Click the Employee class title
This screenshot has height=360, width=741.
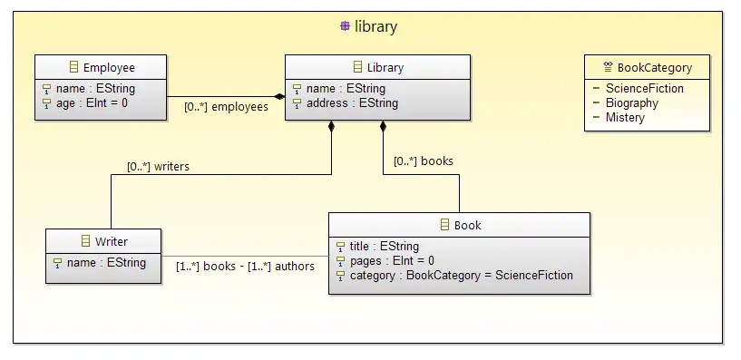click(109, 68)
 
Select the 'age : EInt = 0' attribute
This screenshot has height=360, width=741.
click(92, 103)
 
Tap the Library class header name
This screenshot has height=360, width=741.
click(385, 68)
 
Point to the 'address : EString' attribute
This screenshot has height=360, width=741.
click(352, 103)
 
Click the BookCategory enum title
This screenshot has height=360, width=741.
click(655, 68)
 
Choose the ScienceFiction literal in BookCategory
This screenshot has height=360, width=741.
click(645, 88)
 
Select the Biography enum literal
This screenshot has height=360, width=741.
click(632, 103)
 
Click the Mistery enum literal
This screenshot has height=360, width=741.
click(625, 117)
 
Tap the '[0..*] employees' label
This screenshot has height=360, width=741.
click(226, 107)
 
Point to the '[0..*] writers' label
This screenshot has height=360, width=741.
click(158, 166)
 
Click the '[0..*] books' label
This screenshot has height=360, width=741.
click(423, 161)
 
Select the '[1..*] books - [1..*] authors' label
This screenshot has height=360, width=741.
click(245, 267)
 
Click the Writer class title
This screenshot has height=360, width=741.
click(112, 241)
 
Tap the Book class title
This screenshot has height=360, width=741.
click(467, 226)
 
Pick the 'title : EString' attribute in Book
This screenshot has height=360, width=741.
click(384, 246)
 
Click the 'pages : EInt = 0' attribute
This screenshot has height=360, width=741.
click(392, 260)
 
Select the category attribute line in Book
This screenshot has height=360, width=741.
click(461, 275)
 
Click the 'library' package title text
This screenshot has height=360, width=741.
click(375, 26)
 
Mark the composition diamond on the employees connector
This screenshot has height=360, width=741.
click(279, 97)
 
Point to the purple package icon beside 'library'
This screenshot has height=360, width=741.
click(345, 26)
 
